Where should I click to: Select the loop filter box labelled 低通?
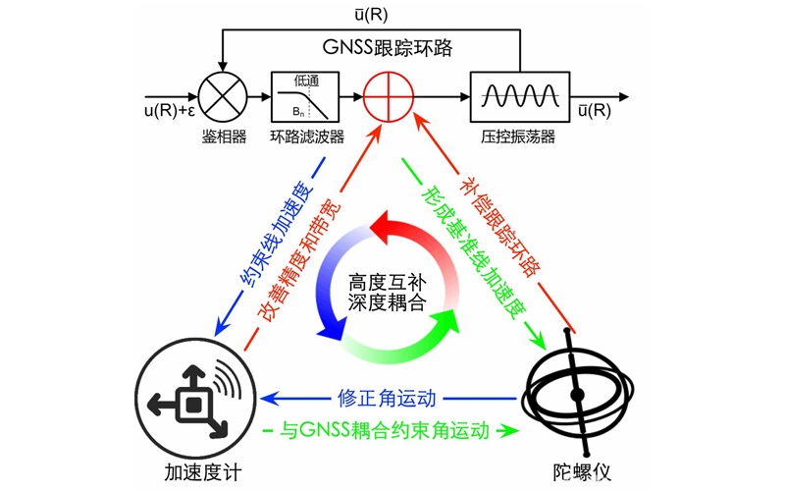pos(306,96)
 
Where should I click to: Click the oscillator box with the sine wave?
pos(519,96)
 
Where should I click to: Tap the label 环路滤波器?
pos(307,136)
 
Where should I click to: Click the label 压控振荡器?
pos(519,136)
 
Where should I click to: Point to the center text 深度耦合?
pos(390,304)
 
